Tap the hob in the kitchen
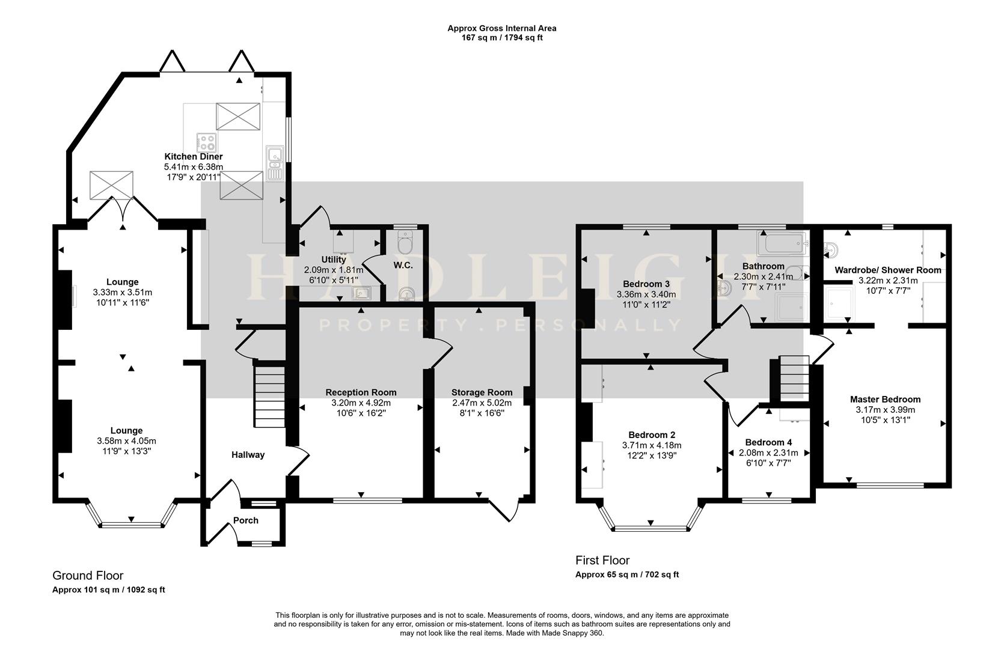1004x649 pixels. tap(207, 142)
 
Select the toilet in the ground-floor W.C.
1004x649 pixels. tap(405, 243)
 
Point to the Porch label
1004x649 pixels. tap(246, 520)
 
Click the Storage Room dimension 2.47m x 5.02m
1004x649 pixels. tap(482, 403)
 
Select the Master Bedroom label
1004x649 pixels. tap(885, 399)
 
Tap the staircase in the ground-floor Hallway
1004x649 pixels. tap(269, 397)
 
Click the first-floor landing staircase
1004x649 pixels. tap(794, 379)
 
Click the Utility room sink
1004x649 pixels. tap(361, 293)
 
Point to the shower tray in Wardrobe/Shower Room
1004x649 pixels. tap(838, 304)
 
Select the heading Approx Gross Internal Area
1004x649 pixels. tap(501, 28)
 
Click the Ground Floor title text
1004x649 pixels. tap(88, 576)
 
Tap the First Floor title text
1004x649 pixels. tap(602, 560)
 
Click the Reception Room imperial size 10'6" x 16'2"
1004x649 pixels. tap(361, 413)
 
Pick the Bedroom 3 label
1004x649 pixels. tap(646, 284)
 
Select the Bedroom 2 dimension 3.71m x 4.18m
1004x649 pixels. tap(652, 445)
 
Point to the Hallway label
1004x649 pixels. tap(248, 455)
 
